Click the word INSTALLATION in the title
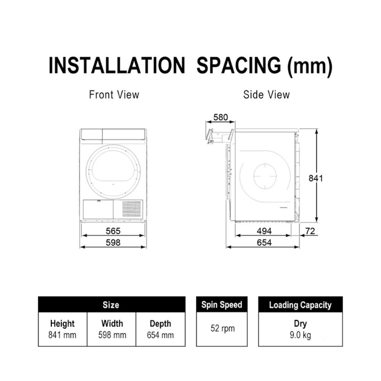tap(117, 66)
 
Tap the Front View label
tap(114, 94)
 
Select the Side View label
tap(267, 94)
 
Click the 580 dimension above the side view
tap(221, 117)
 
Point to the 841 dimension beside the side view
tap(315, 178)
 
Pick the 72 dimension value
tap(310, 231)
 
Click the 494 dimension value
tap(264, 231)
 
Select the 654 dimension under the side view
tap(264, 242)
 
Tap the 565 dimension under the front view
tap(113, 231)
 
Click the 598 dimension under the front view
tap(113, 242)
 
